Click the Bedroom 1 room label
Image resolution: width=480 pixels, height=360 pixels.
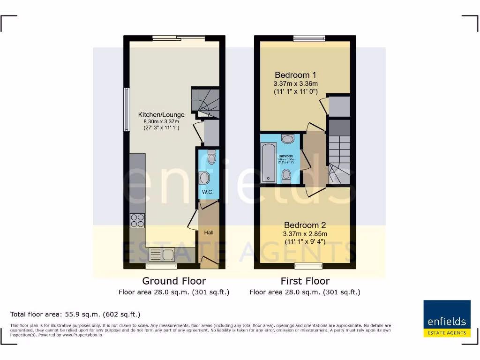tap(295, 75)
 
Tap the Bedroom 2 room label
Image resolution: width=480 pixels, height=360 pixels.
tap(305, 225)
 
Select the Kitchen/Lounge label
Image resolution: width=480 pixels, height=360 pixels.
tap(161, 115)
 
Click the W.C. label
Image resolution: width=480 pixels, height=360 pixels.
tap(208, 192)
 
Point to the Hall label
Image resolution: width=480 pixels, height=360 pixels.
tap(209, 232)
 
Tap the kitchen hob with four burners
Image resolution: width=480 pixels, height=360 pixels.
tap(137, 220)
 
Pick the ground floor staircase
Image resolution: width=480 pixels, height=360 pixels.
tap(205, 103)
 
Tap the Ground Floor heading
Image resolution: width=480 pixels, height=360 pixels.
tap(174, 281)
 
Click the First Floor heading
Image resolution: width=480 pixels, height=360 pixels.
tap(305, 281)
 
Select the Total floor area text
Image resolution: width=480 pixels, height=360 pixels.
tap(75, 315)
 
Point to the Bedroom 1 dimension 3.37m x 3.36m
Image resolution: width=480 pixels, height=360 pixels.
tap(296, 84)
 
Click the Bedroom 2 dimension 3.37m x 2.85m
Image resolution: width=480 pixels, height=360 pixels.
tap(305, 234)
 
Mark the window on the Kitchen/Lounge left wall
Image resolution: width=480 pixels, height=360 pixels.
tap(126, 110)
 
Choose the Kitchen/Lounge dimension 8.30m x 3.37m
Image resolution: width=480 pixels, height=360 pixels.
tap(161, 121)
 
